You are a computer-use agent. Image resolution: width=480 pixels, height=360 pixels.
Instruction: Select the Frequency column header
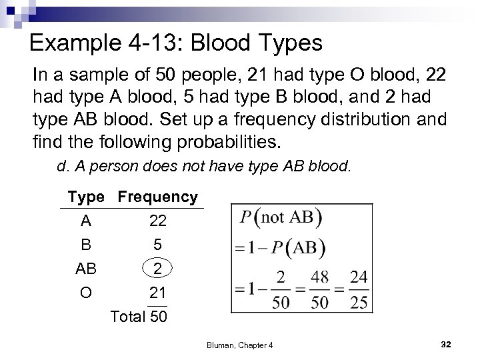tap(157, 197)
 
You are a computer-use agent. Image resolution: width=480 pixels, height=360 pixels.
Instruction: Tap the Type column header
tap(86, 197)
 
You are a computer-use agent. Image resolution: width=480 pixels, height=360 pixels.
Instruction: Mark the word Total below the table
tap(130, 316)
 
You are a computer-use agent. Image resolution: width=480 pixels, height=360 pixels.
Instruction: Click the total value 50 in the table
tap(159, 316)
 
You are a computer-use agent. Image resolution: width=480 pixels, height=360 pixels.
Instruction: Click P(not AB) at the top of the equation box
tap(280, 218)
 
